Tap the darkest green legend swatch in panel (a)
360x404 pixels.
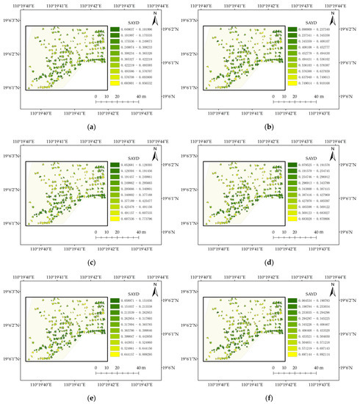tap(116, 29)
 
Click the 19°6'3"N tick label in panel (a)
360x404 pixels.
tap(12, 20)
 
